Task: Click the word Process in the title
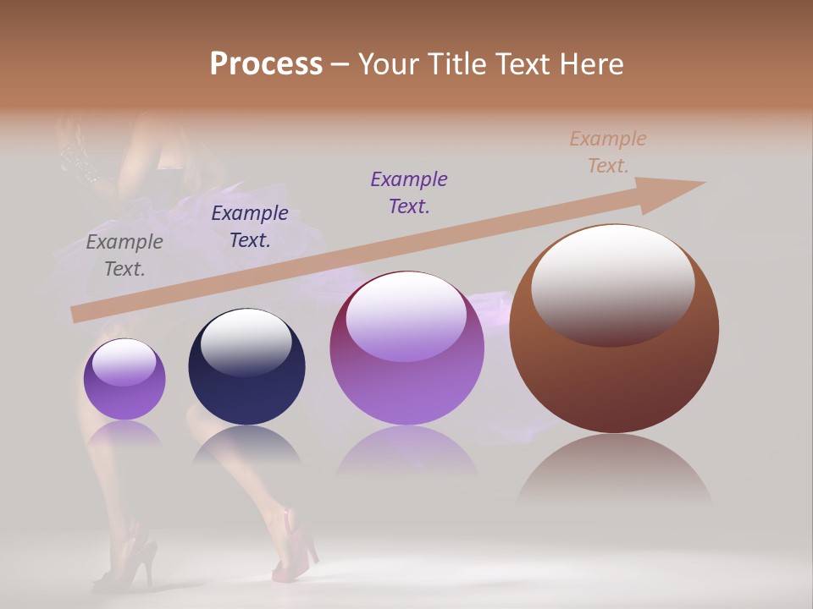[266, 63]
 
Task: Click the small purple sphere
[124, 380]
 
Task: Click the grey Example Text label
[124, 255]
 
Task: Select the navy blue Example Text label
[250, 227]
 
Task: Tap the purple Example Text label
[409, 193]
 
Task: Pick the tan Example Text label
[608, 152]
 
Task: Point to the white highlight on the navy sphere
[246, 338]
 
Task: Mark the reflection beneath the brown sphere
[614, 469]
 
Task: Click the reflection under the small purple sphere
[124, 434]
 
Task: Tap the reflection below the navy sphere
[246, 444]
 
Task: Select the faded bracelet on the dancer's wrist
[80, 161]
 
